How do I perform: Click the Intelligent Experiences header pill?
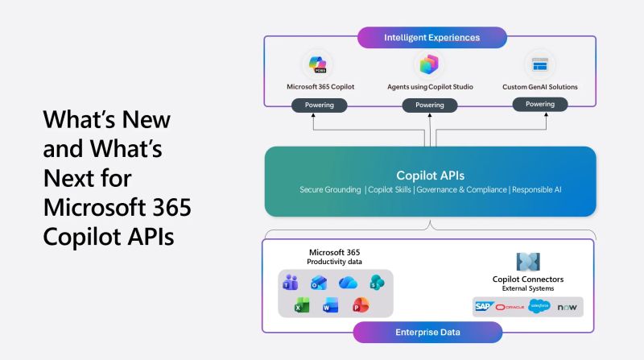431,37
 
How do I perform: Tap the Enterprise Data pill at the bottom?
427,332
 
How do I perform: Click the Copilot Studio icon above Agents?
429,64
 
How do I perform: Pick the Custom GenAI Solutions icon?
539,64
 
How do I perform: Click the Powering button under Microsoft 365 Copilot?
320,105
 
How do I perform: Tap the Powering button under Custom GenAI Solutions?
539,104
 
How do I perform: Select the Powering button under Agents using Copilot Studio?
429,105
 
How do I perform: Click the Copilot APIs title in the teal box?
430,175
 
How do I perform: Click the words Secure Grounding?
328,190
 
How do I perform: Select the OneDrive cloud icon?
347,282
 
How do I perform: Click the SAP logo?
483,307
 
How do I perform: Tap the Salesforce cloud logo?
539,306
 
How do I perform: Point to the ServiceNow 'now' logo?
567,307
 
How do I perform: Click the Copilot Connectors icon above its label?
527,261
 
